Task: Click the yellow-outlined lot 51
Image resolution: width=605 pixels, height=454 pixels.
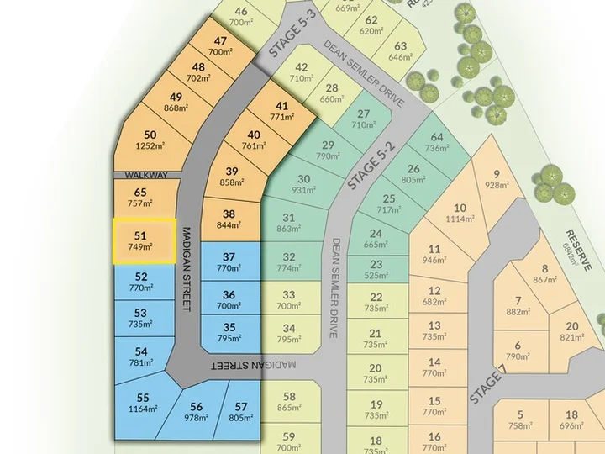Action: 144,240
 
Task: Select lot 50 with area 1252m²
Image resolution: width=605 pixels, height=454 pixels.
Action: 150,140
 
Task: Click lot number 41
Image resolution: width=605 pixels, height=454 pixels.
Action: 281,106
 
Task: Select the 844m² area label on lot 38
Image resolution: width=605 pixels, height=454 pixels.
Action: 229,224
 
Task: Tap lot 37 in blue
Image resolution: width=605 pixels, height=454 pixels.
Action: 229,262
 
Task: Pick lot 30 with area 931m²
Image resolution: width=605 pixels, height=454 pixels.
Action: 303,184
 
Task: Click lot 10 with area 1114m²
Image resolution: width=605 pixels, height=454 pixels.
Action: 460,214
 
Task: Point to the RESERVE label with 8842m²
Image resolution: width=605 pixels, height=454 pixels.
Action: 578,249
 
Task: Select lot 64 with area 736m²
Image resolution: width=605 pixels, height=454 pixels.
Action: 436,142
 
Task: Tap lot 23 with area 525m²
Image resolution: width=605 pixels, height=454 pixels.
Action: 376,269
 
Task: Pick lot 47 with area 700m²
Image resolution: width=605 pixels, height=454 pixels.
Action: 220,46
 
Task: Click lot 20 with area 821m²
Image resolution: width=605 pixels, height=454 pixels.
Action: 571,331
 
